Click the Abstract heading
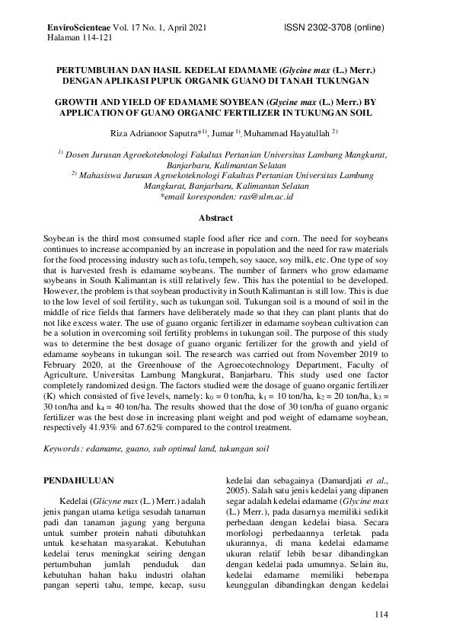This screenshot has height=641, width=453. pyautogui.click(x=225, y=218)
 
